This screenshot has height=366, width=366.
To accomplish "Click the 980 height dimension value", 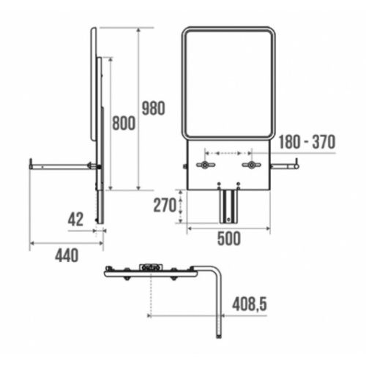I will pyautogui.click(x=153, y=108).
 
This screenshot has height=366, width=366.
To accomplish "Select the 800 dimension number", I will pyautogui.click(x=124, y=124).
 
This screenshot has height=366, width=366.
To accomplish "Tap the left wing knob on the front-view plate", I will pyautogui.click(x=203, y=166).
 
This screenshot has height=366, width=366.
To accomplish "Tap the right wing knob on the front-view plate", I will pyautogui.click(x=253, y=166).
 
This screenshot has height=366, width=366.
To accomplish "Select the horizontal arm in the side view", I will pyautogui.click(x=59, y=166).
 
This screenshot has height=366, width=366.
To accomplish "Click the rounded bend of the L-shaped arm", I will pyautogui.click(x=216, y=274).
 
